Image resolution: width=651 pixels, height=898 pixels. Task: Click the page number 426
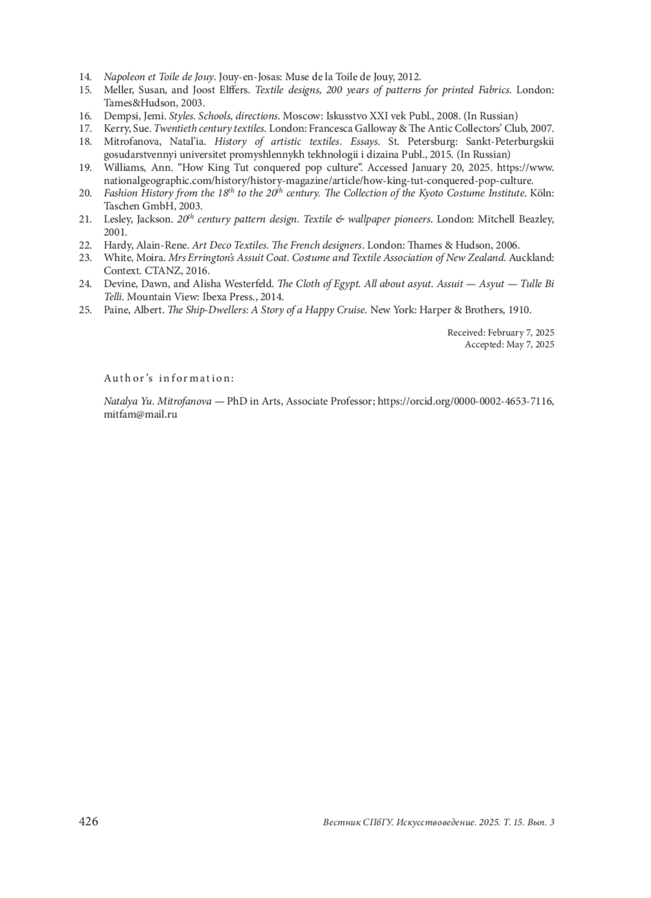(x=88, y=821)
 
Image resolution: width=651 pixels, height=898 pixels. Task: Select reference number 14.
(x=85, y=77)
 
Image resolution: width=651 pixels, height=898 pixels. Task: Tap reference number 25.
(x=85, y=310)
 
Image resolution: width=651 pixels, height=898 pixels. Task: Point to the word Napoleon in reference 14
(x=124, y=77)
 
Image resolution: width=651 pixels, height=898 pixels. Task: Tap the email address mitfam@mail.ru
(x=141, y=414)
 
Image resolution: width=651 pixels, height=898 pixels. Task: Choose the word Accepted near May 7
(x=484, y=345)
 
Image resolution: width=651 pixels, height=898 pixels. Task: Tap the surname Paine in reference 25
(x=117, y=310)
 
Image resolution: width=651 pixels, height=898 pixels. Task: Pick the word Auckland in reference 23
(x=531, y=258)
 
